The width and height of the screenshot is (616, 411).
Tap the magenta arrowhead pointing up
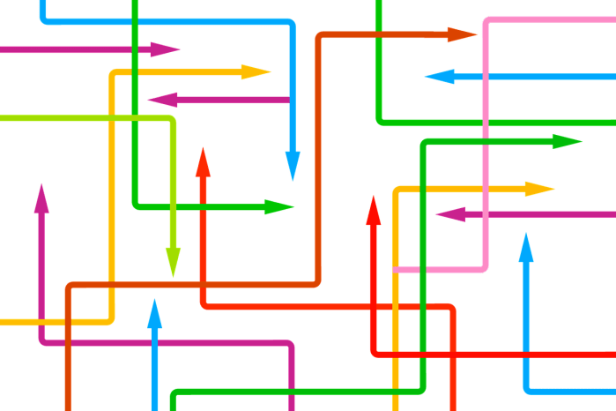[41, 199]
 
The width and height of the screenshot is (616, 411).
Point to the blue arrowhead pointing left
[439, 77]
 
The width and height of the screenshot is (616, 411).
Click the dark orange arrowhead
[460, 34]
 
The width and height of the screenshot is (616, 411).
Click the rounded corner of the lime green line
[172, 119]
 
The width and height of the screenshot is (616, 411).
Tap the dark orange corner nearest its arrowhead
[318, 36]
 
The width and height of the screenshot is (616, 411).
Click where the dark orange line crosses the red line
[204, 284]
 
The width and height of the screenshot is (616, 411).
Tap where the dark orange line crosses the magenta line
[67, 340]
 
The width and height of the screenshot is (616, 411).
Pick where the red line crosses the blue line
[526, 354]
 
